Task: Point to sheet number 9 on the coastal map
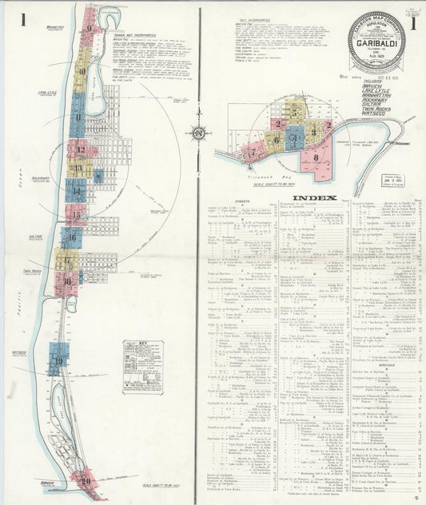coord(90,30)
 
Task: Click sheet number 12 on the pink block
coord(80,149)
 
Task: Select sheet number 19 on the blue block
coord(58,363)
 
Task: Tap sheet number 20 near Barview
coord(86,481)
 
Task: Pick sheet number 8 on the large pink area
coord(317,157)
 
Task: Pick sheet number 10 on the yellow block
coord(82,71)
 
